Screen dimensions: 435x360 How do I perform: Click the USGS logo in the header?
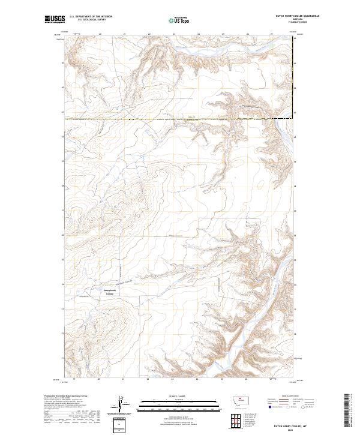55,19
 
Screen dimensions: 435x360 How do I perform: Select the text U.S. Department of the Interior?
91,17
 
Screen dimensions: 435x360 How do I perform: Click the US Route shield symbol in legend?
289,407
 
